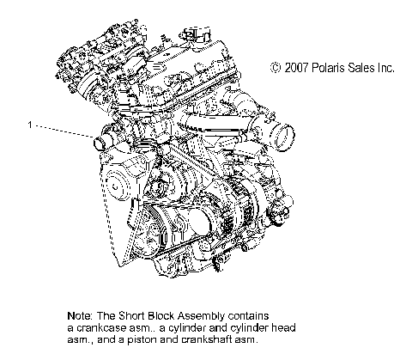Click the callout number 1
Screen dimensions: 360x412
30,125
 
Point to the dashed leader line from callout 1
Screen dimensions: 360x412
60,130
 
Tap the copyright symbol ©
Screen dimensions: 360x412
276,67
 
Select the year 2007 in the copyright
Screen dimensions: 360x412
296,67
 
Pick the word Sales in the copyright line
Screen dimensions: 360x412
365,67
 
